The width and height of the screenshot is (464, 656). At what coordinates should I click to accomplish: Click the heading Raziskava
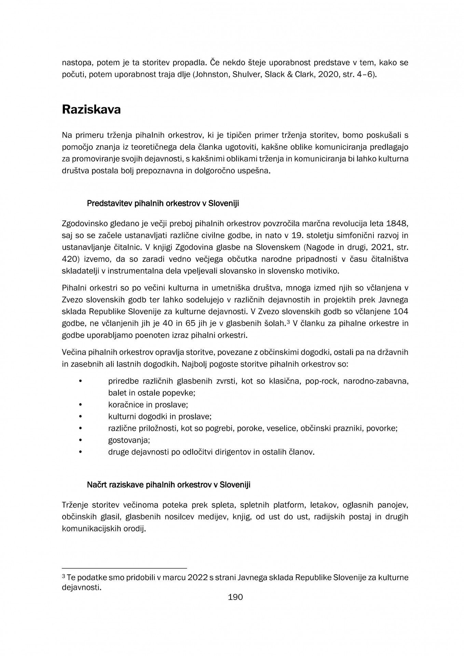(x=91, y=110)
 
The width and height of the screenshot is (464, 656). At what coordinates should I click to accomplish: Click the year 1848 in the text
(x=397, y=223)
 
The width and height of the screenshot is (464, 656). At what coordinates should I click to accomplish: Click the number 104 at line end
(x=401, y=312)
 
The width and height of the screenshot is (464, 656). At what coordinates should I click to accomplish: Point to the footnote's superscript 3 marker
(x=64, y=576)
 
